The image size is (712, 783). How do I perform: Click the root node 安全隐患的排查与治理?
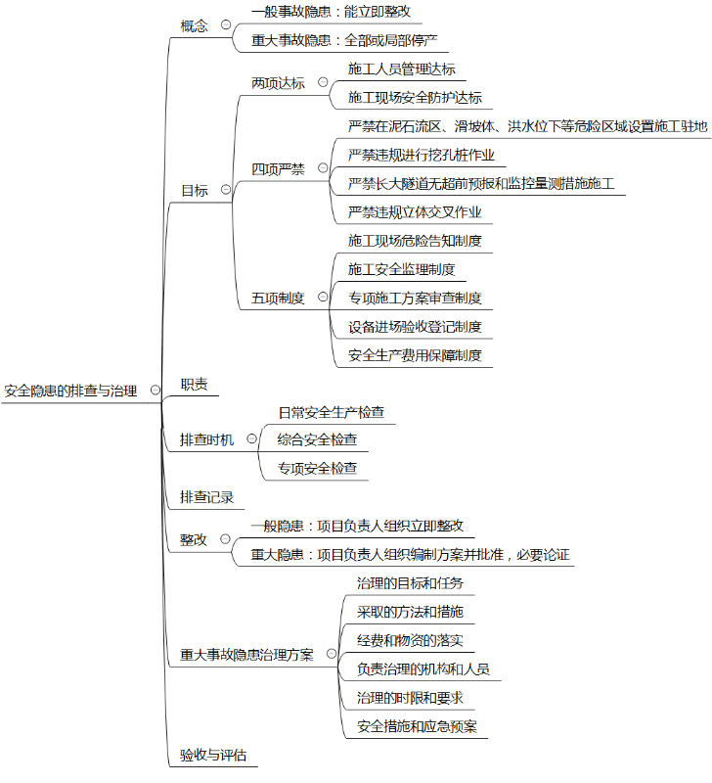[x=70, y=391]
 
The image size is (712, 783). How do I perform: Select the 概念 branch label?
[x=195, y=25]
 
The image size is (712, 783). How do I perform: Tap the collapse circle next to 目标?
[x=226, y=190]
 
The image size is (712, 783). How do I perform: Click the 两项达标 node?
[x=278, y=83]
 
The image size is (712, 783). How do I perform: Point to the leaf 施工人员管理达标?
[x=401, y=69]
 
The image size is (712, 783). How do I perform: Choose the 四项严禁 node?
[x=278, y=169]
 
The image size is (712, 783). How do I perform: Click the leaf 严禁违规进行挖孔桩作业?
[x=422, y=155]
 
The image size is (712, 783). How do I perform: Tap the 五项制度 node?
[x=278, y=299]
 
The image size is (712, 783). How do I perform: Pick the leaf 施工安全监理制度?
[x=401, y=269]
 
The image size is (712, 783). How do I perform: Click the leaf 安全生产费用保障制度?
[x=415, y=355]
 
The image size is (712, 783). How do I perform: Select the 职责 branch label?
[x=194, y=385]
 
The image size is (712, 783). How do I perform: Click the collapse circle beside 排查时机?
[x=252, y=439]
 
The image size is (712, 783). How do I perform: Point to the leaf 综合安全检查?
[x=317, y=439]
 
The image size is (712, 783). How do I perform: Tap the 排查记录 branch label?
[x=207, y=497]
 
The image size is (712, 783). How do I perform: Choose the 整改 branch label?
[x=194, y=539]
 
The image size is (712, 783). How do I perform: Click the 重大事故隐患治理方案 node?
[x=246, y=655]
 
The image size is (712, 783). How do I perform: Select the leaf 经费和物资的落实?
[x=410, y=640]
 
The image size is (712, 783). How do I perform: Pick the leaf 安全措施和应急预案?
[x=417, y=726]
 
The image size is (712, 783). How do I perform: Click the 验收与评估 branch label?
[x=213, y=756]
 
